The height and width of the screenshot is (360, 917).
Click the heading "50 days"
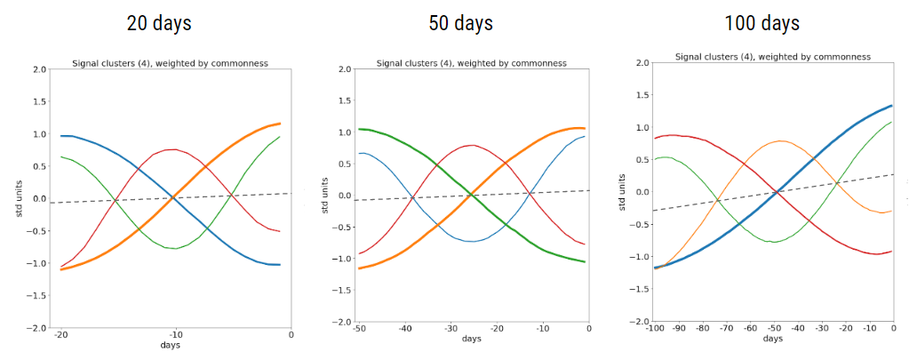(x=461, y=23)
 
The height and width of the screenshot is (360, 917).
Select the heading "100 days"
(x=762, y=23)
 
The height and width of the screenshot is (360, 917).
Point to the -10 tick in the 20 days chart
(x=174, y=335)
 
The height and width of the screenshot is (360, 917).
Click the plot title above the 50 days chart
(x=471, y=63)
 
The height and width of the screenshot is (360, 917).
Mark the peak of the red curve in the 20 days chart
(x=174, y=149)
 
